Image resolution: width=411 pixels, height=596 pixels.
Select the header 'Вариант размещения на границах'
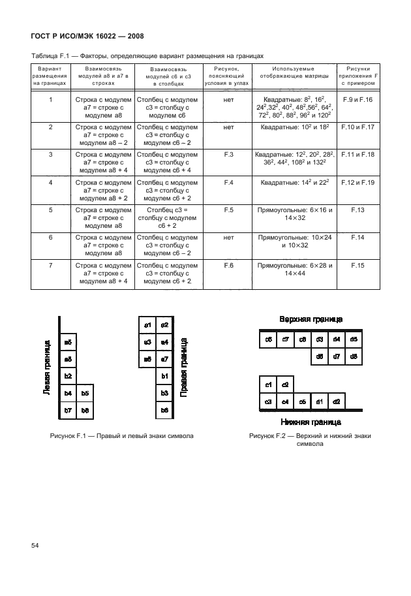50,76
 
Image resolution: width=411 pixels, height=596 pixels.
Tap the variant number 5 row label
50,210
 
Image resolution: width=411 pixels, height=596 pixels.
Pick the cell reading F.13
358,210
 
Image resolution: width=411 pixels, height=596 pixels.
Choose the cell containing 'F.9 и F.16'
358,100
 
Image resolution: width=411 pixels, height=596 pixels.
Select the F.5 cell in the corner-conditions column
228,210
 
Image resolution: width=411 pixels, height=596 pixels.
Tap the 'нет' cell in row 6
228,238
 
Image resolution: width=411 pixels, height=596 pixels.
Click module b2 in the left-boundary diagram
68,376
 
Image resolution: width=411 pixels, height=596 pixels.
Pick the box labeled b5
85,393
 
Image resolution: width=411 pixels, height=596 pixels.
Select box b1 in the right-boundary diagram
164,376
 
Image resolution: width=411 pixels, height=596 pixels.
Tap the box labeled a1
147,325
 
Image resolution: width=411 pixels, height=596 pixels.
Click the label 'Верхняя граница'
311,319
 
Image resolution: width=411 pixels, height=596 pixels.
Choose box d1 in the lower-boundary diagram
319,401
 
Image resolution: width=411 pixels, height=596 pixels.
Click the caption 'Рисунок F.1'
121,435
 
